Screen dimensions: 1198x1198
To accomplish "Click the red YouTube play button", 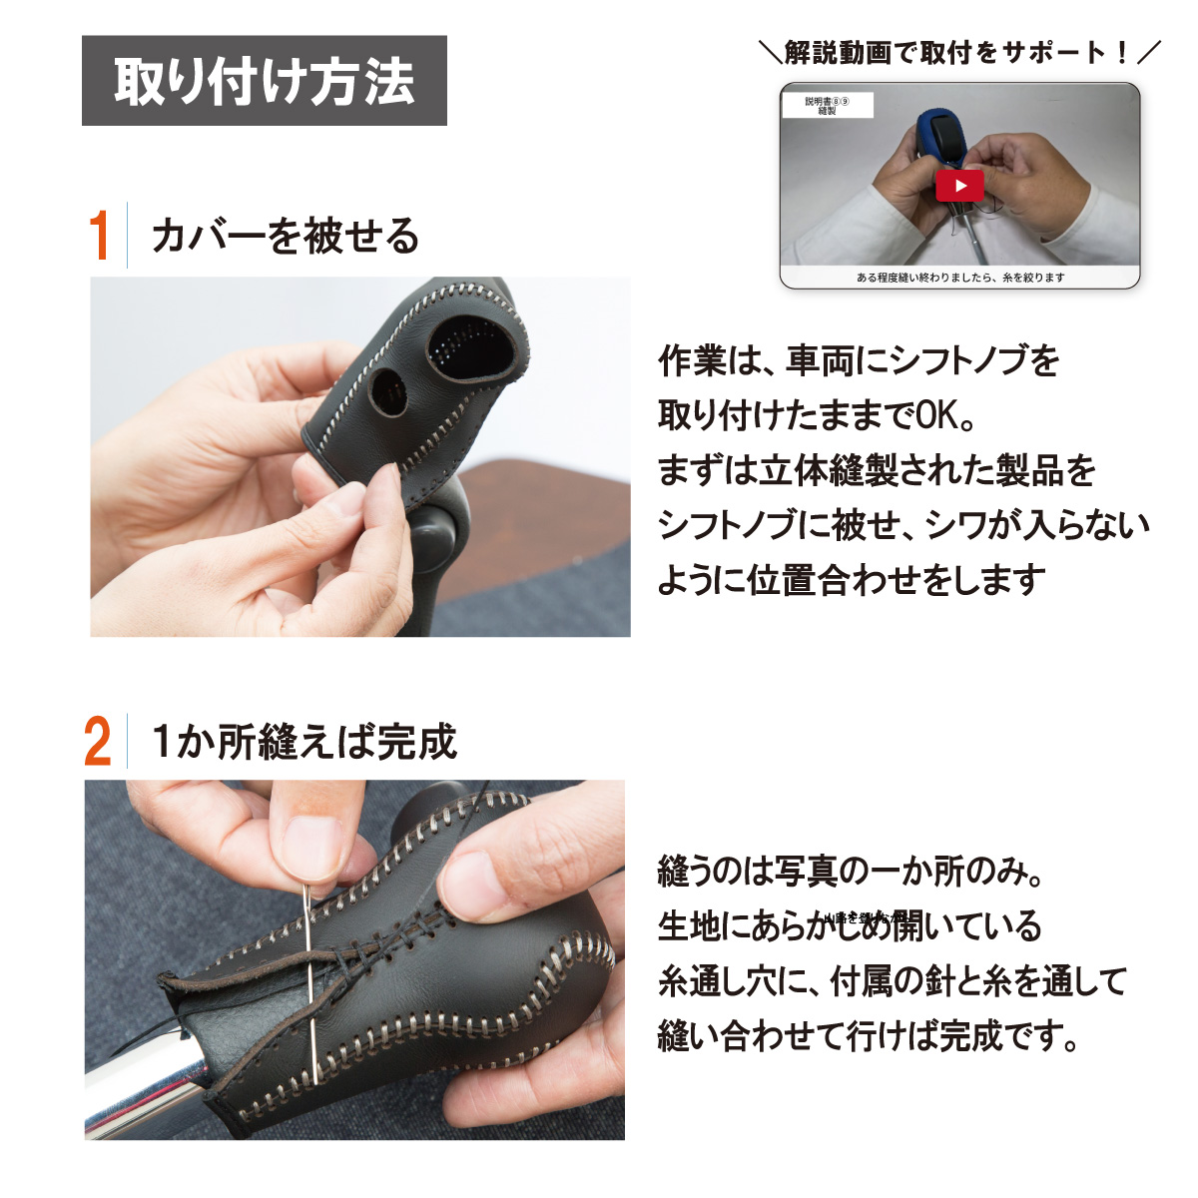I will (x=959, y=185).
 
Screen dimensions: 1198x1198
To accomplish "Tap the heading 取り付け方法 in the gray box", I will (x=264, y=81).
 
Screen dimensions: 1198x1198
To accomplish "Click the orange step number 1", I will (x=98, y=236).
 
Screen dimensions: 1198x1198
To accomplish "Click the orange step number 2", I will (x=98, y=742).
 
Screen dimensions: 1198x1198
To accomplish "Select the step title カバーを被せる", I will (x=285, y=237).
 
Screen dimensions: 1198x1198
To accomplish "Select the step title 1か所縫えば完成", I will (x=303, y=742).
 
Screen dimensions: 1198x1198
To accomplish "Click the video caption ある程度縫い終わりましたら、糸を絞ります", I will (x=959, y=278).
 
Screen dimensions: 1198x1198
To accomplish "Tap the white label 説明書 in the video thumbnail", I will (x=827, y=105).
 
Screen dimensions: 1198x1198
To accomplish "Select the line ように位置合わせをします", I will (x=851, y=579).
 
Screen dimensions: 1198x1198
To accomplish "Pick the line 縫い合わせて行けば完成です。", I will (x=869, y=1036).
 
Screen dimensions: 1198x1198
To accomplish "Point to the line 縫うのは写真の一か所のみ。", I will (x=851, y=872).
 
